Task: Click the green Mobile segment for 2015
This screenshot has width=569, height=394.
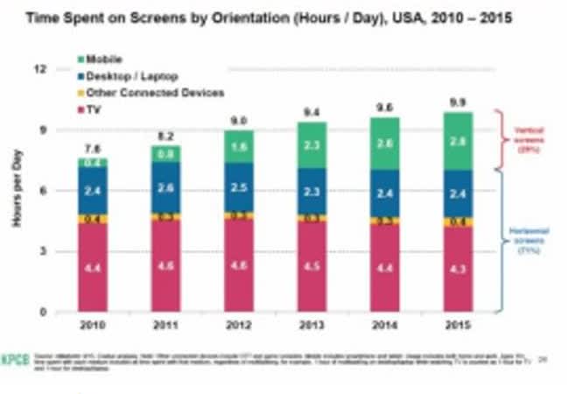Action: coord(459,141)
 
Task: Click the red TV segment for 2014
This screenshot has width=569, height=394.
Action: coord(386,269)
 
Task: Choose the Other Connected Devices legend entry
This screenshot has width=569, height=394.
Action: coord(149,92)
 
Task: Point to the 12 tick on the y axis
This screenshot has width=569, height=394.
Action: coord(38,68)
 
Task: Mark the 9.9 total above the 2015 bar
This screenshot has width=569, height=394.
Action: coord(459,102)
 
